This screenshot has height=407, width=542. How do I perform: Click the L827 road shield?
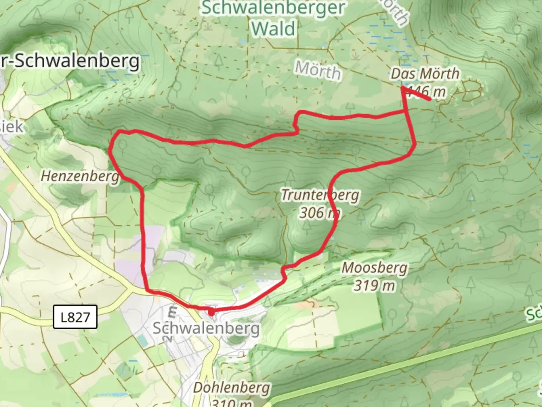75,317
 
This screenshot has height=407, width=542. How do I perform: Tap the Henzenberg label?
79,176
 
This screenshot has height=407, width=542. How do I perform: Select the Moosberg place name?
375,268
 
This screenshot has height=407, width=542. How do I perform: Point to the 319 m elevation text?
375,286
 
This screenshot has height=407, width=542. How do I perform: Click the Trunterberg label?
320,195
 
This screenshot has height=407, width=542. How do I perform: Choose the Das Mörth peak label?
425,73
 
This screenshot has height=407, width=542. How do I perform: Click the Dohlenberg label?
232,388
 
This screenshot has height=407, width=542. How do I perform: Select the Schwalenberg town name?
206,328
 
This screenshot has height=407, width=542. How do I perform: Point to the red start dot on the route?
212,312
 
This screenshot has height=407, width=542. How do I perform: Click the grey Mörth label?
318,70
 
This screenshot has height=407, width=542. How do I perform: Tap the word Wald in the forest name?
274,29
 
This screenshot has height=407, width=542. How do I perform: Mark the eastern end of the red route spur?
430,99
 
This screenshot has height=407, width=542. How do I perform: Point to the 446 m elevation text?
427,92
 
